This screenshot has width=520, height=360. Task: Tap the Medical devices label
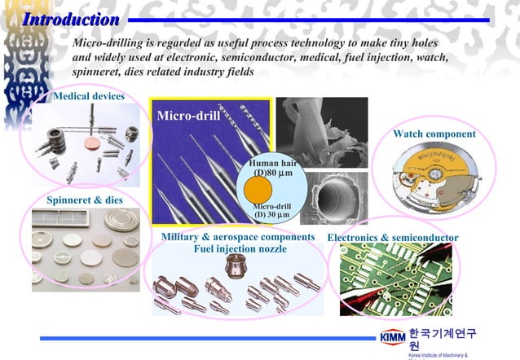click(x=88, y=97)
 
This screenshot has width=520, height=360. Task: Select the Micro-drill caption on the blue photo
click(x=187, y=115)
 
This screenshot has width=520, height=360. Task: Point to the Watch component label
click(x=434, y=134)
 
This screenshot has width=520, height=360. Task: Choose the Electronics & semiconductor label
click(x=392, y=238)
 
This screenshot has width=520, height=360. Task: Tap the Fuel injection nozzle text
click(x=240, y=248)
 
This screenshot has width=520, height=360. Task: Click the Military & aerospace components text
click(x=237, y=236)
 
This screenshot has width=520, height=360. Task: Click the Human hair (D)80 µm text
click(x=275, y=169)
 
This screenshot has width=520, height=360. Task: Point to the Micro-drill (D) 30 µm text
click(x=272, y=210)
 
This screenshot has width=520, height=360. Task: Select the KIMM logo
click(x=392, y=338)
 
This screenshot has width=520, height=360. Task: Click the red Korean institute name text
click(x=442, y=338)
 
